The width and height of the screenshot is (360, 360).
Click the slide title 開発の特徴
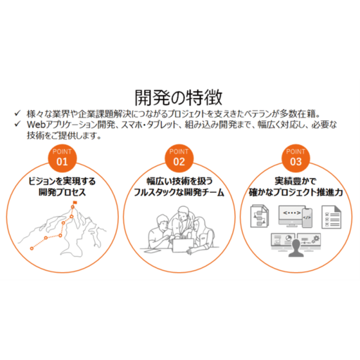179,98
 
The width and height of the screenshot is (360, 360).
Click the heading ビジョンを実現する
62,181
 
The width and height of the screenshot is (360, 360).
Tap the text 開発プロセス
62,192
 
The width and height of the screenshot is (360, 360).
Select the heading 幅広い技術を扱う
179,181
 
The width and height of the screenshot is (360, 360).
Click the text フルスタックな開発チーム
179,192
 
